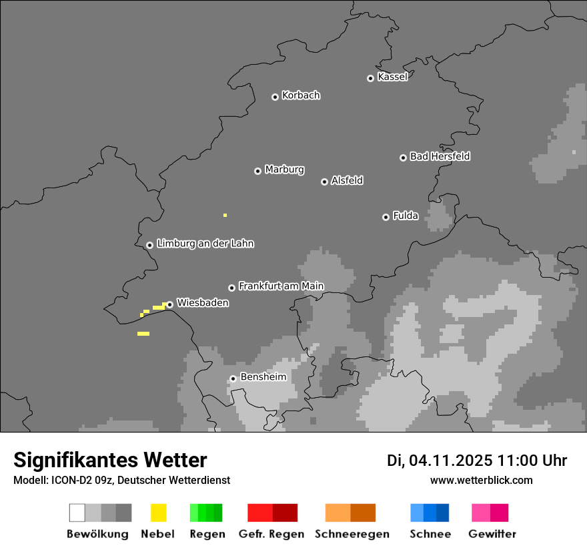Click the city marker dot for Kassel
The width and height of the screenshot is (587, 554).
[x=370, y=78]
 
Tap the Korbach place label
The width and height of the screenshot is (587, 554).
[x=301, y=95]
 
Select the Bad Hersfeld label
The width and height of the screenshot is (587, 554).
[x=440, y=156]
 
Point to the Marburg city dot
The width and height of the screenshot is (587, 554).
[x=257, y=171]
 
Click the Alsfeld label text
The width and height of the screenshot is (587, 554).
[x=347, y=180]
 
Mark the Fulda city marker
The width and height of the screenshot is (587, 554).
[x=386, y=217]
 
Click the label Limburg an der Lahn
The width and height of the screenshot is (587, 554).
[x=205, y=244]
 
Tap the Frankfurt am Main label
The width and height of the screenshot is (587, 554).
[x=281, y=286]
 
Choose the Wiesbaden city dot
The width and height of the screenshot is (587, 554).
[x=169, y=304]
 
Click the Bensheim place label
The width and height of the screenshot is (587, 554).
[x=263, y=376]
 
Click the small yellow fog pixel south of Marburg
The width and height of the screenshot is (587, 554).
[x=225, y=215]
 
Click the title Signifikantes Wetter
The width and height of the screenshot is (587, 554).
[x=110, y=460]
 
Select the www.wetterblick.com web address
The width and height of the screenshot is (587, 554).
[x=481, y=480]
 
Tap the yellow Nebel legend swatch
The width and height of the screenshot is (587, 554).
[x=158, y=513]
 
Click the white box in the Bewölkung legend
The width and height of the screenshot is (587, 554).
[x=77, y=513]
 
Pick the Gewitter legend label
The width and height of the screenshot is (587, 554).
[x=492, y=534]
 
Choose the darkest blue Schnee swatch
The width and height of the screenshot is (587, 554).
[x=442, y=513]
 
